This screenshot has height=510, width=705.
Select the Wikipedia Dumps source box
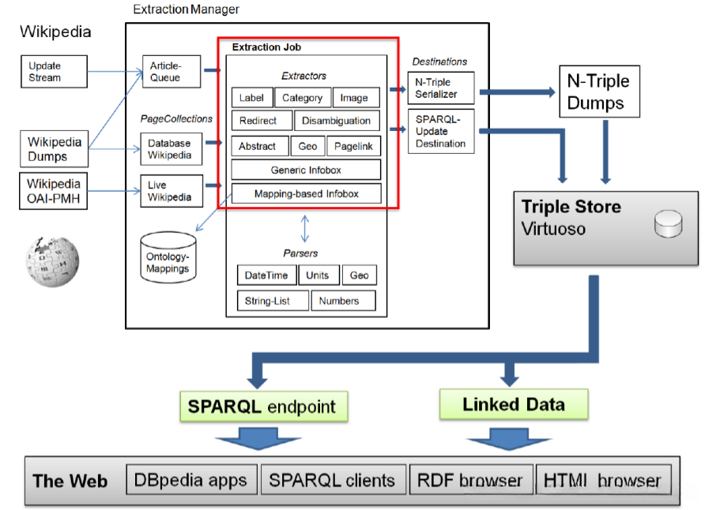(55, 148)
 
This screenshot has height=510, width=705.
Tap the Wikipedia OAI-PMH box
(55, 189)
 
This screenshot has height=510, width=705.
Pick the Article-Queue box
(165, 72)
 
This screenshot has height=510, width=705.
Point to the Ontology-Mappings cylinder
(168, 257)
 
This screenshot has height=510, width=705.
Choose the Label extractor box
(252, 98)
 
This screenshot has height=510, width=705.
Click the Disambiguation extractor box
(337, 121)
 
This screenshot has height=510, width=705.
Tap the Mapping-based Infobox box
(306, 193)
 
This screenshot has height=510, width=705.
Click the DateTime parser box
(267, 275)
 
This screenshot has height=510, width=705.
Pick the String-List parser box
(273, 301)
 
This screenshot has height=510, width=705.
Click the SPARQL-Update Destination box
(442, 132)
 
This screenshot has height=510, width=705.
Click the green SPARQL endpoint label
(262, 407)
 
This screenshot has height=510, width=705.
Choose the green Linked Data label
(514, 405)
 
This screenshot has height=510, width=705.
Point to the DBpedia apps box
(190, 480)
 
